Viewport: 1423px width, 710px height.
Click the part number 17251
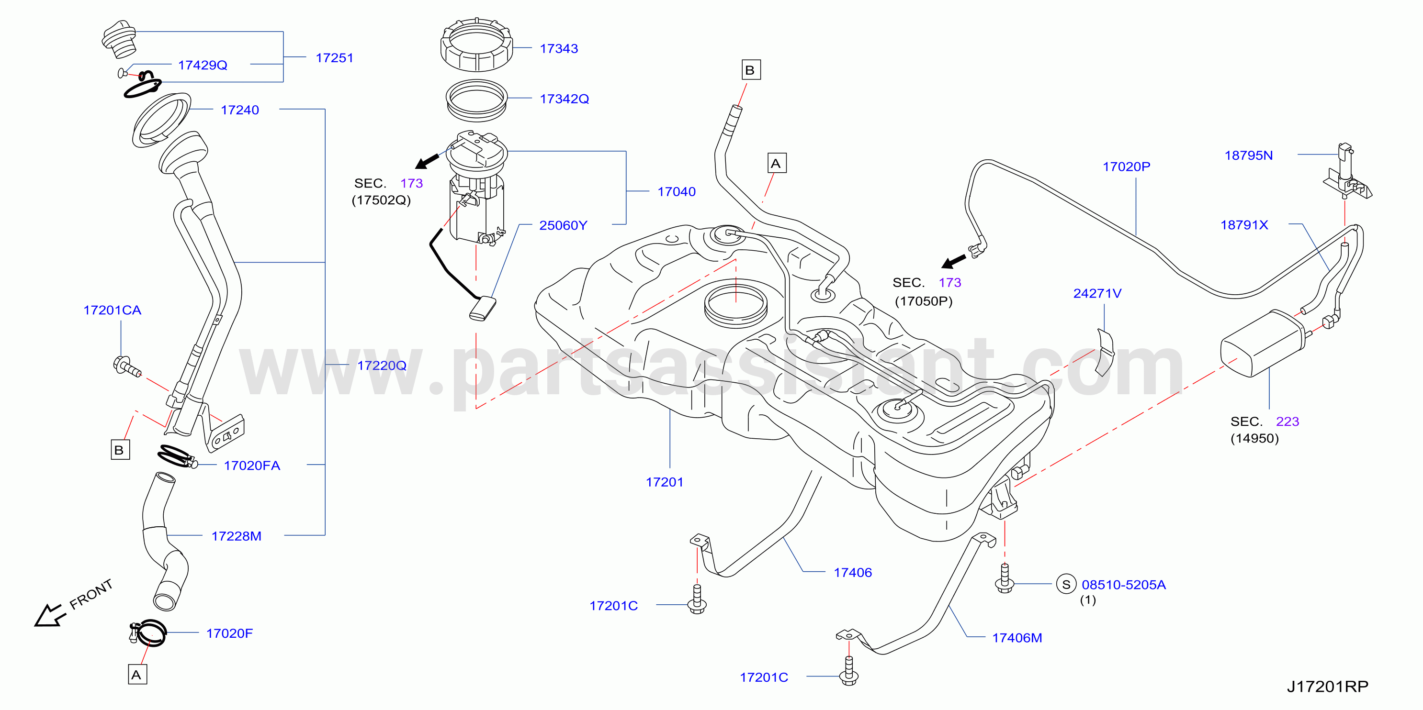point(334,58)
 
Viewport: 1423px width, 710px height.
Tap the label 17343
point(558,49)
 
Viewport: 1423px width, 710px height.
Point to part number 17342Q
point(564,99)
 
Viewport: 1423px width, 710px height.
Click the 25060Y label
point(563,225)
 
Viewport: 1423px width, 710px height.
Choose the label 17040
point(676,191)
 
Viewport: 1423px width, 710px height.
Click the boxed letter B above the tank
point(750,70)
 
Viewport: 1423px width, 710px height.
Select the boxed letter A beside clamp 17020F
point(137,675)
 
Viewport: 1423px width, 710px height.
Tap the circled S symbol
point(1066,584)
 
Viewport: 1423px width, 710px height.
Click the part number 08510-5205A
point(1124,585)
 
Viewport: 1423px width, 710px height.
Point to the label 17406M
point(1017,638)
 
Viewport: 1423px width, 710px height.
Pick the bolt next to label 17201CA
point(127,366)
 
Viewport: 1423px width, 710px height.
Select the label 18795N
point(1248,155)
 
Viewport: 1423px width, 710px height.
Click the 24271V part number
point(1097,293)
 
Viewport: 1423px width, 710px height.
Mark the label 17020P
point(1126,166)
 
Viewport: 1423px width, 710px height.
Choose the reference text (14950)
point(1254,438)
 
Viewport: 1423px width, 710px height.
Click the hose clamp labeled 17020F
point(147,632)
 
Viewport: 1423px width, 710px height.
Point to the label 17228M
point(237,536)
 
